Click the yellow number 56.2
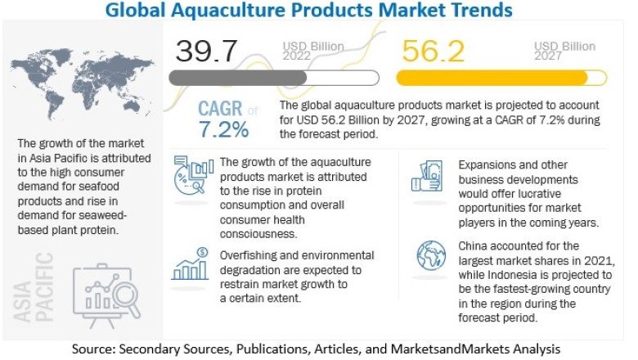tap(434, 51)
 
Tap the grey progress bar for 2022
tap(237, 78)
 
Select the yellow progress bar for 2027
tap(492, 78)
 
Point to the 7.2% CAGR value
tap(222, 129)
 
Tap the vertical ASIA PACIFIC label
tap(44, 286)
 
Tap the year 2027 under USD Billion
tap(548, 56)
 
